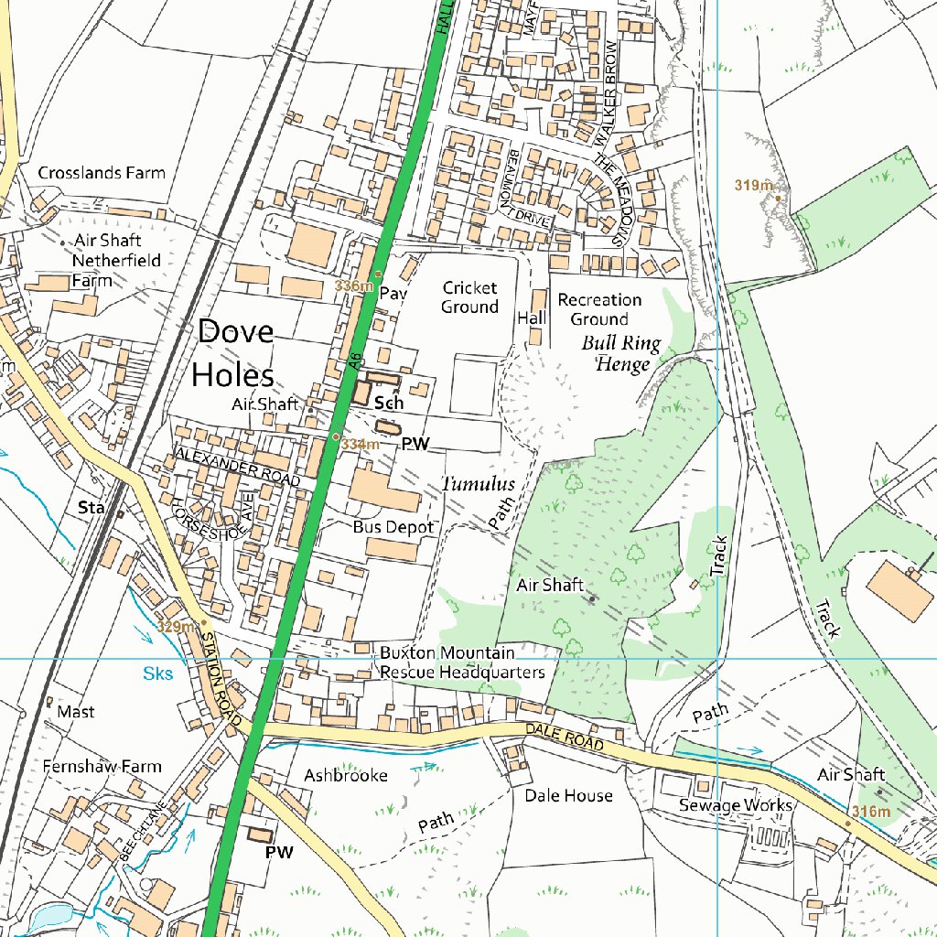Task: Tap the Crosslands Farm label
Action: (102, 173)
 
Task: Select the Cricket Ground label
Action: (469, 297)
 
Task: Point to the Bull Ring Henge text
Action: (621, 354)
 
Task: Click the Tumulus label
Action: (479, 484)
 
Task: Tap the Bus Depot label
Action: (393, 528)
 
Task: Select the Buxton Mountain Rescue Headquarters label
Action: (461, 662)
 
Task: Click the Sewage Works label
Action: (735, 805)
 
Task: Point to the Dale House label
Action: (568, 796)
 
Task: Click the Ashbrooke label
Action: (346, 776)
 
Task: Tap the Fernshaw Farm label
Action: (102, 767)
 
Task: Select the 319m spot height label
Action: (753, 186)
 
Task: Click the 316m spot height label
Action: (869, 812)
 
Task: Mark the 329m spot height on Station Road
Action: (176, 627)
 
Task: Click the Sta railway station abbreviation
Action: (90, 506)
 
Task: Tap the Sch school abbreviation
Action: (389, 404)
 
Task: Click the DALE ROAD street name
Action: (565, 738)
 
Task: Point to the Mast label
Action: (75, 712)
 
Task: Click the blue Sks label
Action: (156, 674)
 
